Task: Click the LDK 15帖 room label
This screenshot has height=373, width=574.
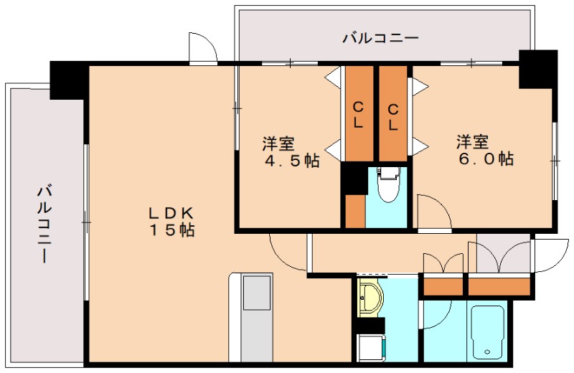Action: (171, 222)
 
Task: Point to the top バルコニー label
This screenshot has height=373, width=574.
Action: (380, 38)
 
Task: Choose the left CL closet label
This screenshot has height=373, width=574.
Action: (357, 115)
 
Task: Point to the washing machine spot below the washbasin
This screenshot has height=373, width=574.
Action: (371, 349)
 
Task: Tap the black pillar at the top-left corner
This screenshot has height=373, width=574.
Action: (68, 79)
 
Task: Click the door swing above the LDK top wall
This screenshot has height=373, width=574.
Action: (202, 49)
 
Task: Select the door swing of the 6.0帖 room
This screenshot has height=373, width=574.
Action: (432, 212)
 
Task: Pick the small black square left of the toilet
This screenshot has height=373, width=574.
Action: (352, 178)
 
